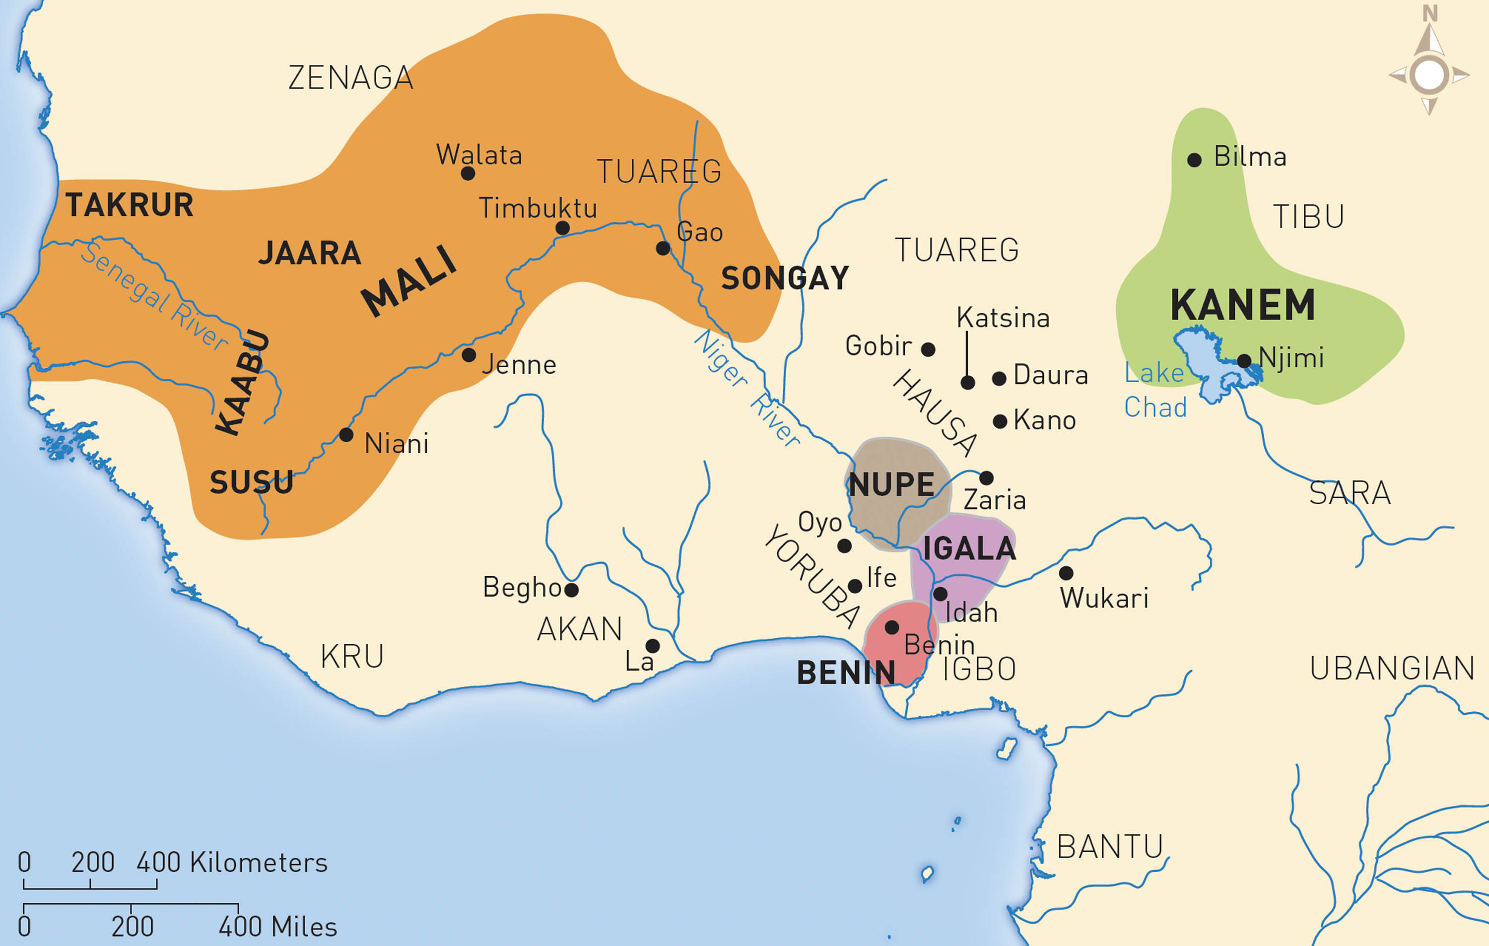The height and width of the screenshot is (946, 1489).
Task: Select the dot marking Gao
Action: coord(663,249)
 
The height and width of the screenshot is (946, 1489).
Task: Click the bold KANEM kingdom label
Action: coord(1242,305)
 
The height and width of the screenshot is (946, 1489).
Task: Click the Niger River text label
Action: coord(745,388)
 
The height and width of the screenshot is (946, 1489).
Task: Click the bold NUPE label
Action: coord(892,485)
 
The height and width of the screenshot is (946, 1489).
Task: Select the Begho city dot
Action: coord(571,590)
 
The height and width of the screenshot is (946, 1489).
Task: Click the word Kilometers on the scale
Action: coord(259,863)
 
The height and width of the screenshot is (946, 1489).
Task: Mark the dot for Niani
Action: coord(346,435)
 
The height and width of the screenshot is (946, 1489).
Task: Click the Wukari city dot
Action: coord(1066,573)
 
